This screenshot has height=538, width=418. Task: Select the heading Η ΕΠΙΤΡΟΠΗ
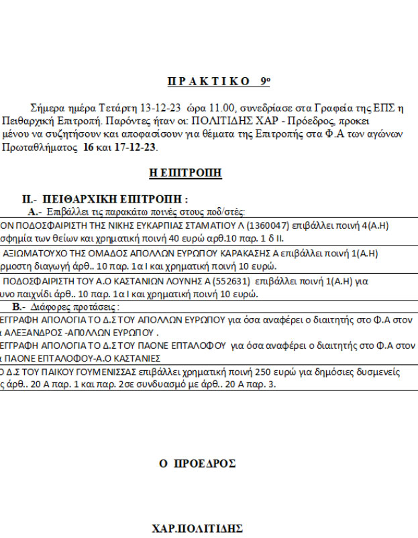click(185, 174)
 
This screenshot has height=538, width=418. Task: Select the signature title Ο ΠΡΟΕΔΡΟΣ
click(197, 464)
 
